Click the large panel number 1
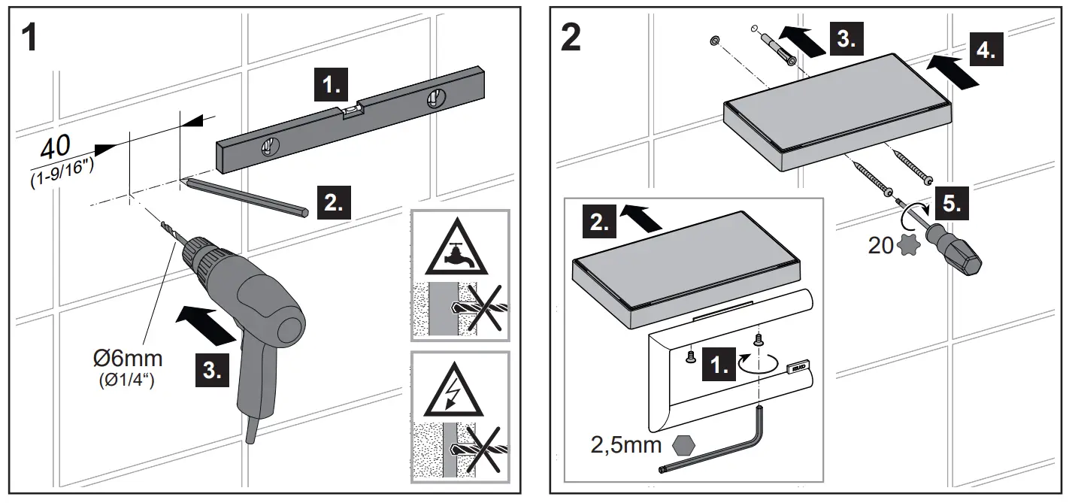[28, 38]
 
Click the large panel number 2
[571, 38]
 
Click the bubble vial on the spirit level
[351, 113]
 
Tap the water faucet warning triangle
[460, 252]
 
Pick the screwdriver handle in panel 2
[957, 254]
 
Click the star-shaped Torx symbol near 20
[908, 246]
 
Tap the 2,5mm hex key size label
[625, 445]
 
